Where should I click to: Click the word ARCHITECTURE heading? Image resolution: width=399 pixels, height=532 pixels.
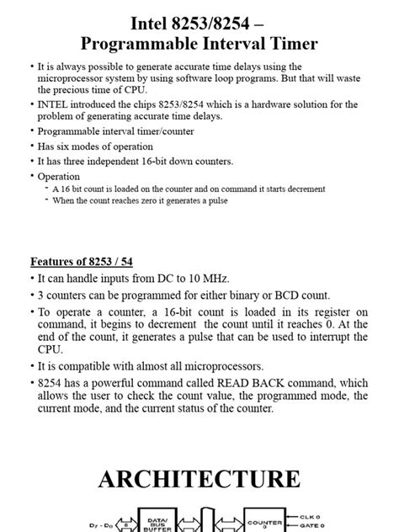point(199,479)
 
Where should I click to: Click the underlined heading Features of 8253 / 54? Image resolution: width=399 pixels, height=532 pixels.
point(76,262)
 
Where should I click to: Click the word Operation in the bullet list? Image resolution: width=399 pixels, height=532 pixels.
point(59,177)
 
